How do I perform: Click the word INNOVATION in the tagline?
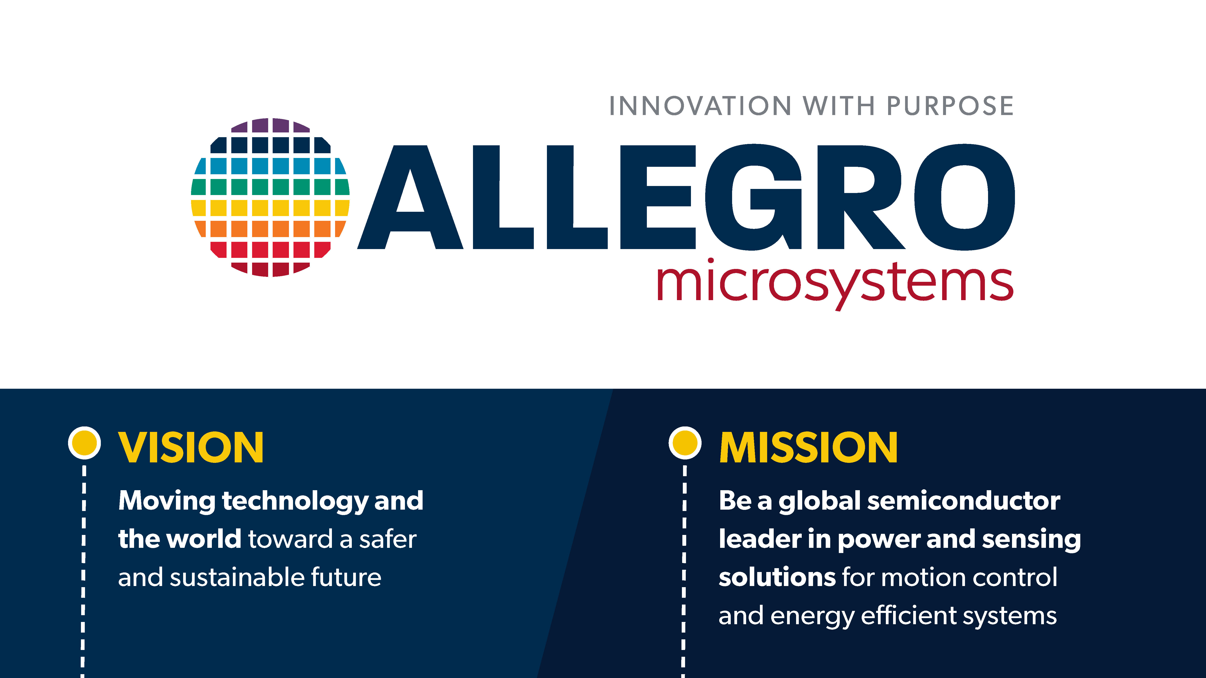[700, 106]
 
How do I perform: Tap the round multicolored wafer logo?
[270, 197]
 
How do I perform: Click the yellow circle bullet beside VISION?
[84, 443]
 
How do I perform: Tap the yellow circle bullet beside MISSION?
[685, 443]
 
